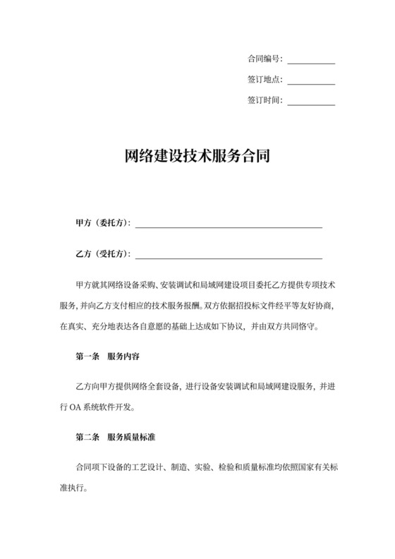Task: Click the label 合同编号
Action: point(265,59)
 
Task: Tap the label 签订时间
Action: point(265,100)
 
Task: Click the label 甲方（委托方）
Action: point(103,223)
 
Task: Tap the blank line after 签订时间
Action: point(311,103)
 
